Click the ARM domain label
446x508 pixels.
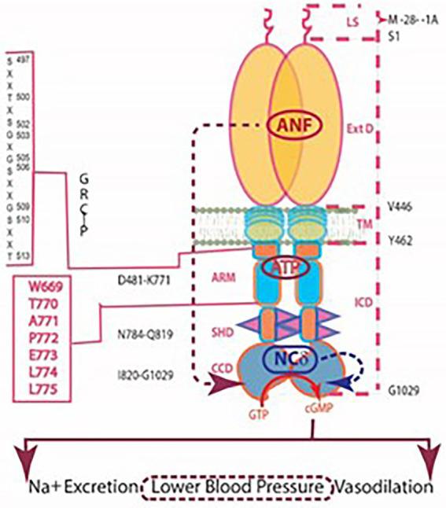(x=222, y=278)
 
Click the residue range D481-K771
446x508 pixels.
(x=149, y=279)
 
